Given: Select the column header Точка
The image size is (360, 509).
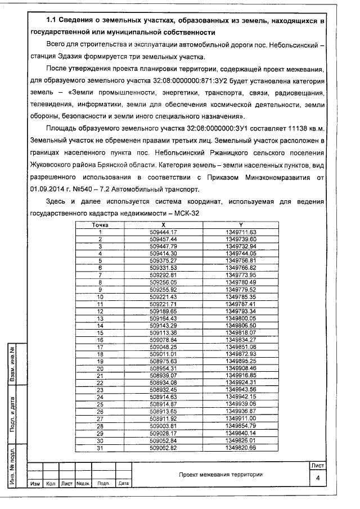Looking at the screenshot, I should (100, 224).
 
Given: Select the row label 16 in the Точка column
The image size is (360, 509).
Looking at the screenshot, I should (100, 340).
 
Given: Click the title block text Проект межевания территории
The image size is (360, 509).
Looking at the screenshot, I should (220, 474).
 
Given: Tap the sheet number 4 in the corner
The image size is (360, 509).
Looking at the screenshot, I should (318, 478).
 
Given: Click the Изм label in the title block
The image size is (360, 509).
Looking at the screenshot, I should (35, 483).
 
